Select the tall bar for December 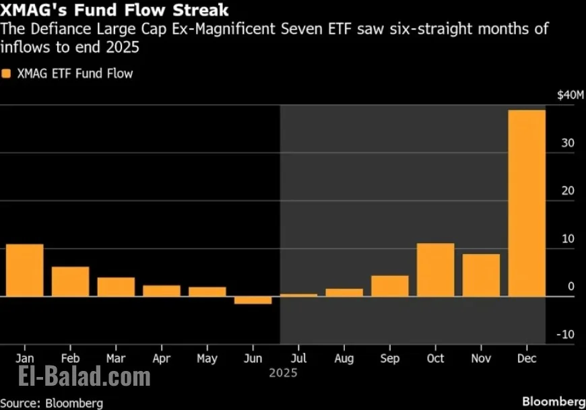[526, 203]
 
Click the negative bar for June [253, 300]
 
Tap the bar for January [24, 270]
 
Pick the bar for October [435, 269]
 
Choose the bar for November [481, 275]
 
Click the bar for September [389, 285]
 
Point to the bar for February [70, 281]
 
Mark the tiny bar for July [298, 295]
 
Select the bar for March [116, 287]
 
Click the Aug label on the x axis [344, 358]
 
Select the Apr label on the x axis [161, 358]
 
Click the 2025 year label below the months [282, 372]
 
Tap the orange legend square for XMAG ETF [7, 73]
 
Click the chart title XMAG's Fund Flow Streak [115, 11]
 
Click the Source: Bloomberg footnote [52, 403]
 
